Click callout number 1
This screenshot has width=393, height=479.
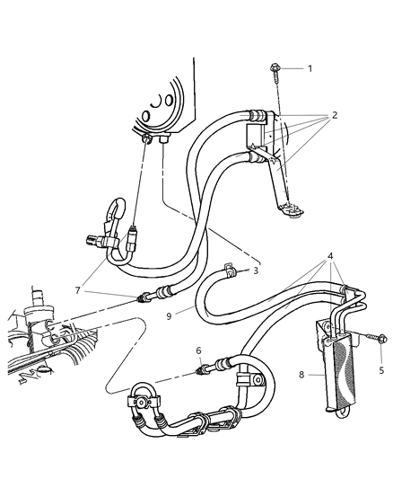(x=310, y=68)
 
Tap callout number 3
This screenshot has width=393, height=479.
(x=257, y=270)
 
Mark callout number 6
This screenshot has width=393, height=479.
(x=197, y=350)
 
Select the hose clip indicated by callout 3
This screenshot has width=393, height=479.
(x=231, y=266)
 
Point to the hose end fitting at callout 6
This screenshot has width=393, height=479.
(x=206, y=367)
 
